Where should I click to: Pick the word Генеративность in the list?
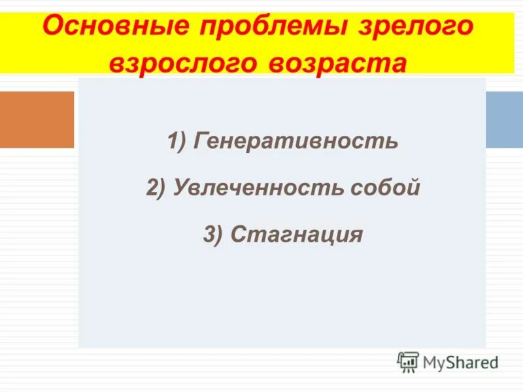click(295, 141)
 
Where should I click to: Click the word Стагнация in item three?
click(296, 235)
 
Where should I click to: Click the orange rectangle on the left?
click(37, 120)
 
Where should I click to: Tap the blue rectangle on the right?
click(504, 120)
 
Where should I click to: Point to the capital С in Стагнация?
click(239, 235)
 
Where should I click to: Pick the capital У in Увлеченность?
click(180, 188)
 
